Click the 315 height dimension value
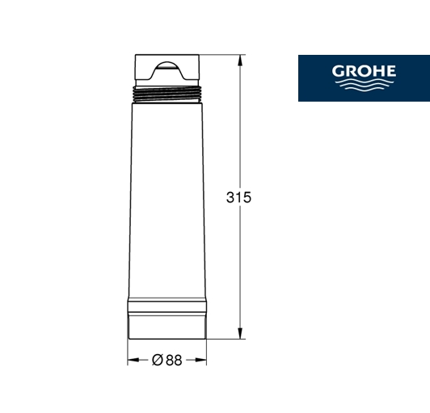pos(238,198)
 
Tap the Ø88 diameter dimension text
pos(167,361)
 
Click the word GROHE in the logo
pos(364,71)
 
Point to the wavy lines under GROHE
pos(365,85)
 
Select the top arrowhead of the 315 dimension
pos(240,60)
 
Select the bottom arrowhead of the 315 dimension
pos(240,333)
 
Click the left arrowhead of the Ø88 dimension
pos(133,360)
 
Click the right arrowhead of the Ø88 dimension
pos(200,360)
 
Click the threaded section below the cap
pos(167,94)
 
